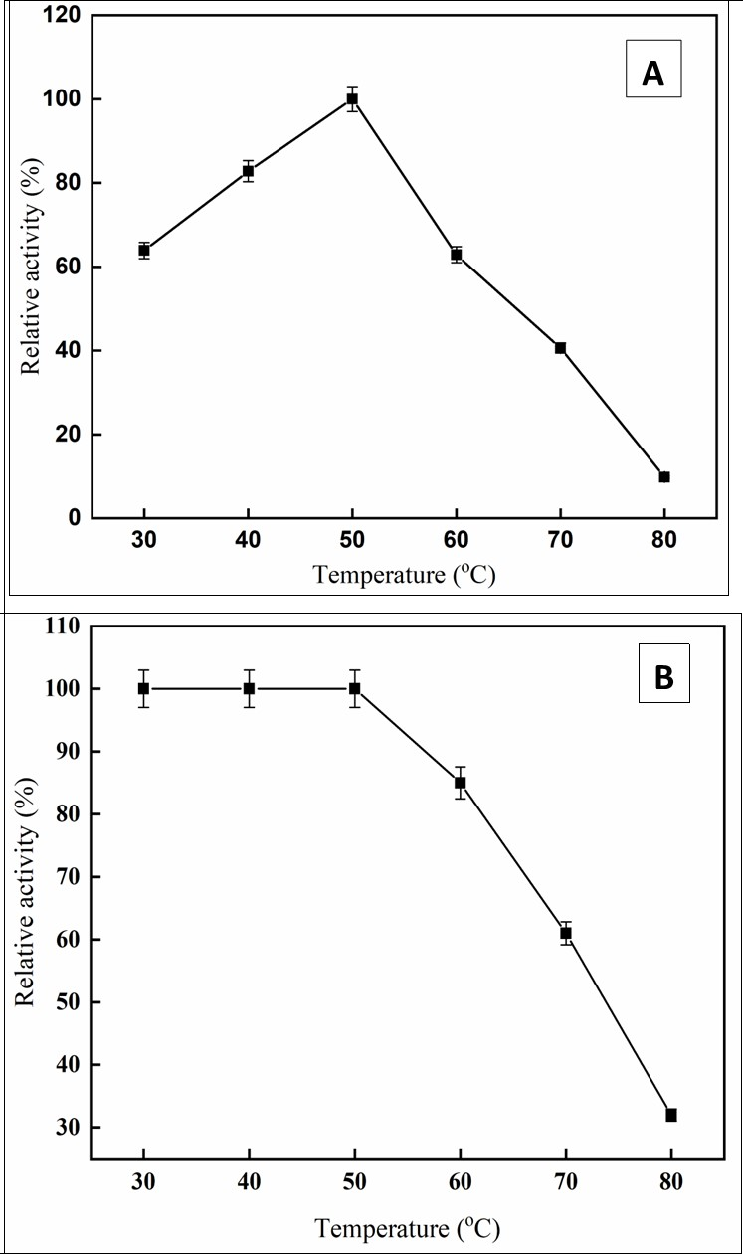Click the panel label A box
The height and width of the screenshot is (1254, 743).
point(652,70)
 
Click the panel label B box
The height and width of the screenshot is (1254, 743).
point(662,677)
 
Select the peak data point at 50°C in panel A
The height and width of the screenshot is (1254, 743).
point(352,99)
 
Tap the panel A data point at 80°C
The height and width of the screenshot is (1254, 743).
point(664,477)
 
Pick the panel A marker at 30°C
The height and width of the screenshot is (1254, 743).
point(144,251)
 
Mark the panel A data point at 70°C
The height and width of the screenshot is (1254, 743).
point(560,348)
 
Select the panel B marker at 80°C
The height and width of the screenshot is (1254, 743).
point(671,1115)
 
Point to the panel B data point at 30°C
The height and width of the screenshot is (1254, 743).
point(143,688)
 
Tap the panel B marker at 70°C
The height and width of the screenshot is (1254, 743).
point(566,933)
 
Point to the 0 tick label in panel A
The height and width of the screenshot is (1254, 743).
point(74,518)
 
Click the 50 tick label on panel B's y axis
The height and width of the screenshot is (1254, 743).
point(67,1002)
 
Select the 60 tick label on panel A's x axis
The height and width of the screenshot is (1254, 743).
point(456,541)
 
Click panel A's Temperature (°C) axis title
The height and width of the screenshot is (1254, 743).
point(404,576)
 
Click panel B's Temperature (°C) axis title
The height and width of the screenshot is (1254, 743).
point(408,1229)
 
